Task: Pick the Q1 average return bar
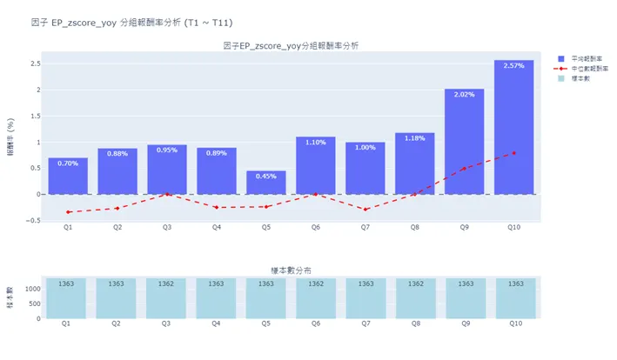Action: pyautogui.click(x=67, y=177)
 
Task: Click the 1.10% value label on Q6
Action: pyautogui.click(x=315, y=142)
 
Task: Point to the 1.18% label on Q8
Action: pyautogui.click(x=414, y=137)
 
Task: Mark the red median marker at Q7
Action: pyautogui.click(x=365, y=210)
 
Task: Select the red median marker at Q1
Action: pyautogui.click(x=67, y=212)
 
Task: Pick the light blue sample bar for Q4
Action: pyautogui.click(x=216, y=298)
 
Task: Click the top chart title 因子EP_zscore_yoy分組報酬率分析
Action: pyautogui.click(x=290, y=45)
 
